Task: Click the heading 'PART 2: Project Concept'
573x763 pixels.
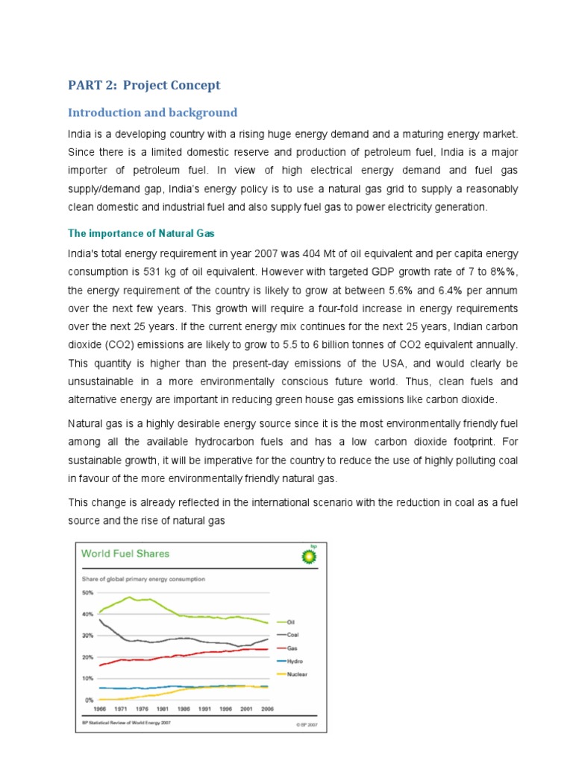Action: (144, 85)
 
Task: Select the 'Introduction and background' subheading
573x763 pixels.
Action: (152, 113)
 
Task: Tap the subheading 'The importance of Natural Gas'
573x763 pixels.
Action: (141, 232)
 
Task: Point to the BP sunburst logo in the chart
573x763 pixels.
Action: (307, 556)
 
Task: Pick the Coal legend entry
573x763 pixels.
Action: (292, 635)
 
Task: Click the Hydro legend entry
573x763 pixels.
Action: (293, 661)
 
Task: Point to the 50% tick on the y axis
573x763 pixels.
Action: (87, 592)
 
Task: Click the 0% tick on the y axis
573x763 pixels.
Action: (89, 700)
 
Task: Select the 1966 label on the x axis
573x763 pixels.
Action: (99, 709)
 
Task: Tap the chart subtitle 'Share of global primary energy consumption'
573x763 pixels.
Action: (143, 578)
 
